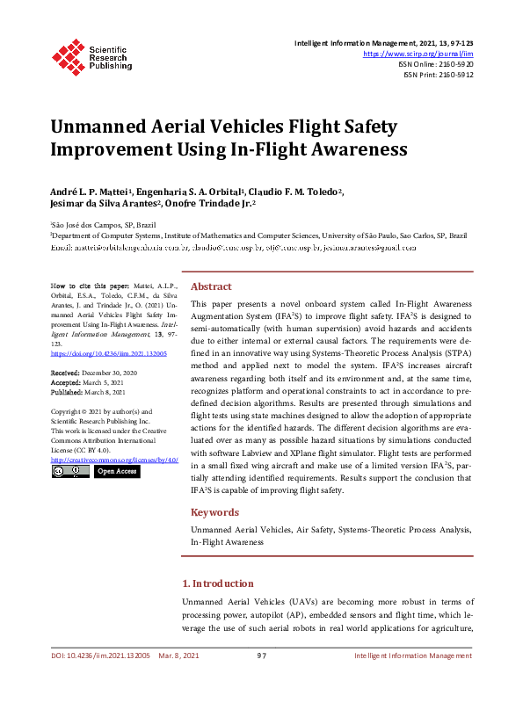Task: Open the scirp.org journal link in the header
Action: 424,54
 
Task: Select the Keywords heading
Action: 214,512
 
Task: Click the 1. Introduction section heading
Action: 229,583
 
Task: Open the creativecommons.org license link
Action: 114,460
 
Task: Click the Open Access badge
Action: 116,472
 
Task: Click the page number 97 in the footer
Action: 261,656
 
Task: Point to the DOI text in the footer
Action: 86,656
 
